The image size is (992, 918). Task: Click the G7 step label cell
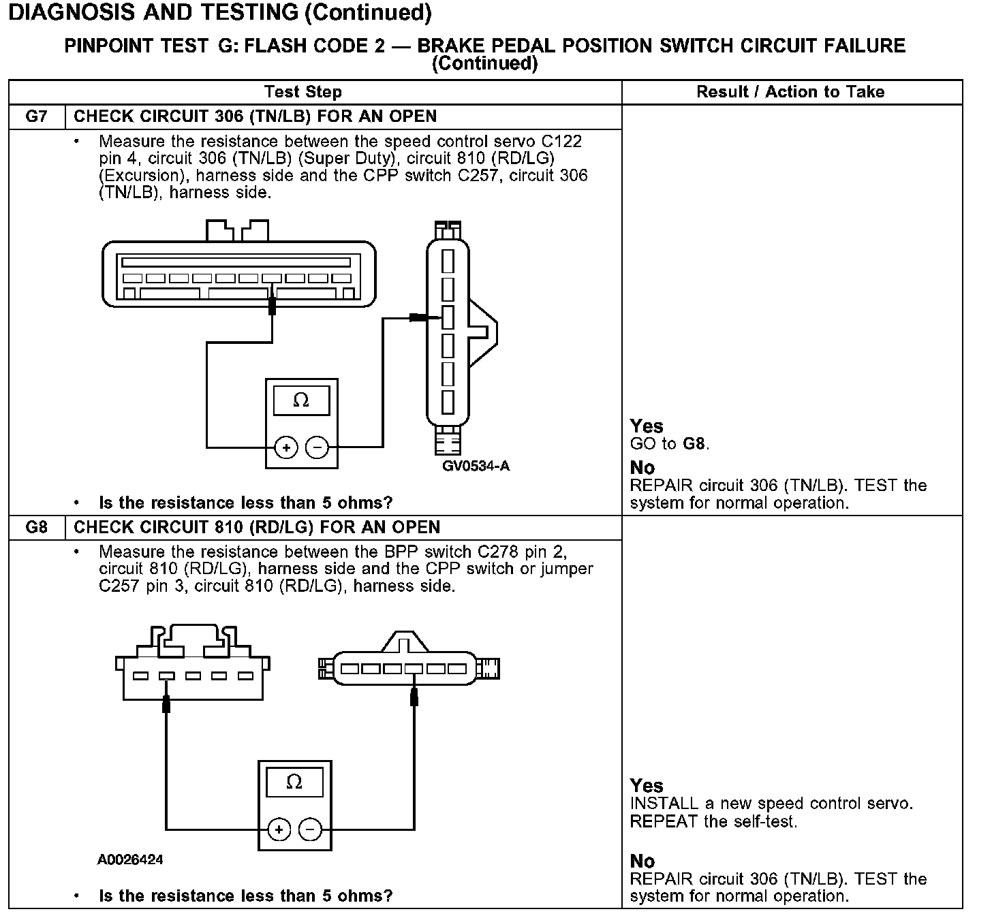37,116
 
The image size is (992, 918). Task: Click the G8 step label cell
37,528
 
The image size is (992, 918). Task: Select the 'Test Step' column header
303,92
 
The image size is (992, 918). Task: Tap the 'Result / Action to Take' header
790,92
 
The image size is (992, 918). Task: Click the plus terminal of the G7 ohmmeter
286,447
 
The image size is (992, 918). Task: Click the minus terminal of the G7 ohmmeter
317,447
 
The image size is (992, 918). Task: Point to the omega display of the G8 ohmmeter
294,782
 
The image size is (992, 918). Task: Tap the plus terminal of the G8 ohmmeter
279,829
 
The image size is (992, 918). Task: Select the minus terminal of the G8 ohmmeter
310,829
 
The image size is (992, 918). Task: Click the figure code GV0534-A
476,466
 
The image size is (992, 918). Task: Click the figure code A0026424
130,859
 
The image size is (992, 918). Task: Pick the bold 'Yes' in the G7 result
647,426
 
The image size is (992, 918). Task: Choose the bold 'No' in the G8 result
642,861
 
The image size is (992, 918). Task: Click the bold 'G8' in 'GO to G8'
694,444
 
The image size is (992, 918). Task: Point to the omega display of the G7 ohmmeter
301,400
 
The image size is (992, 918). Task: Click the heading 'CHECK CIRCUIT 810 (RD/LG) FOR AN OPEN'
257,528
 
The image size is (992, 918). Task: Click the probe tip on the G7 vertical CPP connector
417,317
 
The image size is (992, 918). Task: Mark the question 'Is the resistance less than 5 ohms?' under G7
246,503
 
